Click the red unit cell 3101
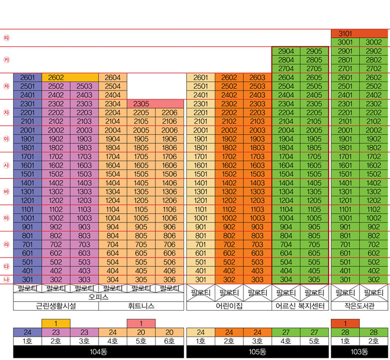pos(345,33)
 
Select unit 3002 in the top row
pos(373,42)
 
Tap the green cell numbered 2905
pos(314,51)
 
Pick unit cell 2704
pos(286,68)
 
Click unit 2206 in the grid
pos(170,112)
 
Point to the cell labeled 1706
pos(170,157)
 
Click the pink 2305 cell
pos(141,104)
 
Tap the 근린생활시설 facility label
pos(56,306)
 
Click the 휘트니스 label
pos(141,306)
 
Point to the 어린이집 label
pos(229,306)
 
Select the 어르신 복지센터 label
pos(300,306)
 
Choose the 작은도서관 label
pos(359,306)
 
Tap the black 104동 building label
pos(98,352)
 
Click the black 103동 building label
pos(359,352)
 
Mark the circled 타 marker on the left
pos(7,38)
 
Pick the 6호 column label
pos(170,342)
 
